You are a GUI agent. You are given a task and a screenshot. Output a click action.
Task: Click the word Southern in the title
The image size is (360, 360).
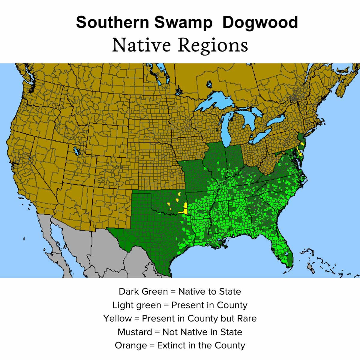(x=112, y=23)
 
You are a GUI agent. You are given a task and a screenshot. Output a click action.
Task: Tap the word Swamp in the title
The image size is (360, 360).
(x=183, y=23)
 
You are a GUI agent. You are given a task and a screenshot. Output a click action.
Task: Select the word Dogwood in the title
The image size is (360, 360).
(x=260, y=23)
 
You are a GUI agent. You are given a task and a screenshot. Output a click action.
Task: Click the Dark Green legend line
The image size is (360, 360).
(x=180, y=292)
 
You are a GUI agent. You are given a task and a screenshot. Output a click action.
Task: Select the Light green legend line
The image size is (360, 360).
(x=180, y=305)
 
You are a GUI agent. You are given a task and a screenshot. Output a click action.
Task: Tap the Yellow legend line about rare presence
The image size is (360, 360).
(x=180, y=318)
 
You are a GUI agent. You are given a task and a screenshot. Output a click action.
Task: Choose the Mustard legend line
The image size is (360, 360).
(x=180, y=332)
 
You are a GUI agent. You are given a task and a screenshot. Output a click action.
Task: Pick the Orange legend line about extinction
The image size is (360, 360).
(x=180, y=345)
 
